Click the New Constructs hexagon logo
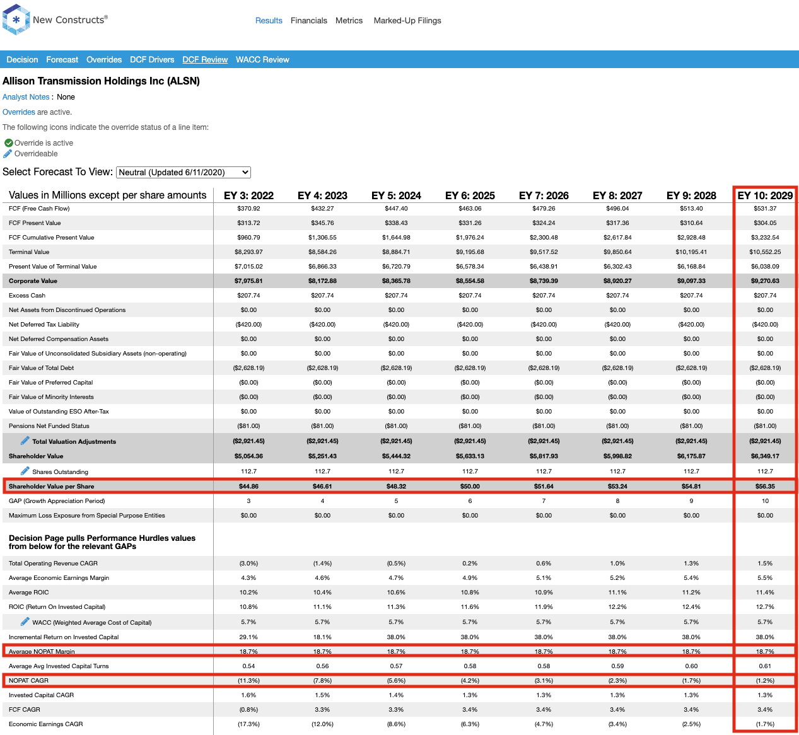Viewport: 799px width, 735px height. click(16, 20)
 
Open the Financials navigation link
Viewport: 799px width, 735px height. click(308, 20)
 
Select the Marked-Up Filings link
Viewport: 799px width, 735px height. click(407, 20)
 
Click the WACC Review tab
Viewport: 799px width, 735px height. click(262, 60)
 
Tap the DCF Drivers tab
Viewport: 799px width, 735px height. click(152, 60)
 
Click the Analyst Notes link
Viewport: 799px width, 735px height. click(26, 96)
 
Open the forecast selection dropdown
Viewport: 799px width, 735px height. click(184, 172)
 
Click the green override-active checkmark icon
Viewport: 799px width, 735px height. click(8, 143)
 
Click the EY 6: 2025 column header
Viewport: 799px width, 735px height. click(470, 195)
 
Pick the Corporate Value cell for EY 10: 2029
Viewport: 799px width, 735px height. click(765, 281)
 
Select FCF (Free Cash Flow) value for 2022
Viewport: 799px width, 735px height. click(248, 208)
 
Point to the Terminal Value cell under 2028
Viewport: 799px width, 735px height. click(691, 252)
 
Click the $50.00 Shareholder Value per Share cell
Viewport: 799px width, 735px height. click(470, 486)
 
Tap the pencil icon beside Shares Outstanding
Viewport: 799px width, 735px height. click(25, 471)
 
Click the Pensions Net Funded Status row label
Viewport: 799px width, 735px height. click(49, 425)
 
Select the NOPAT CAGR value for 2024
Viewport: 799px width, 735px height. click(396, 680)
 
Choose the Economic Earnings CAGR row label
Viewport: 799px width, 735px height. click(46, 724)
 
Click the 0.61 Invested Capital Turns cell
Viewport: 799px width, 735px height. click(765, 666)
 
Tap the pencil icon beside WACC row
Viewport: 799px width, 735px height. click(25, 622)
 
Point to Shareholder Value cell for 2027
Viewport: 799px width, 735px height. click(617, 456)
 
